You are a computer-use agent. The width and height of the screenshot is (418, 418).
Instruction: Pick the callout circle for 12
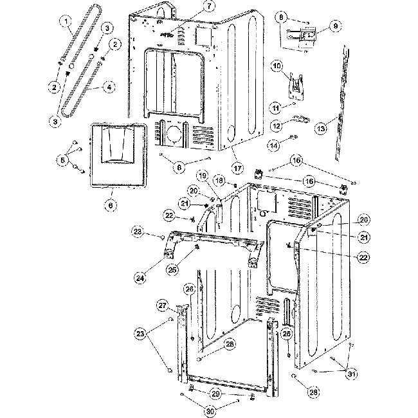[275, 126]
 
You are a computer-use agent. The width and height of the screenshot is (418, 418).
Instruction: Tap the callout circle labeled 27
[162, 305]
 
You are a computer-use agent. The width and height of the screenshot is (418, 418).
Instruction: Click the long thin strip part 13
[343, 103]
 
